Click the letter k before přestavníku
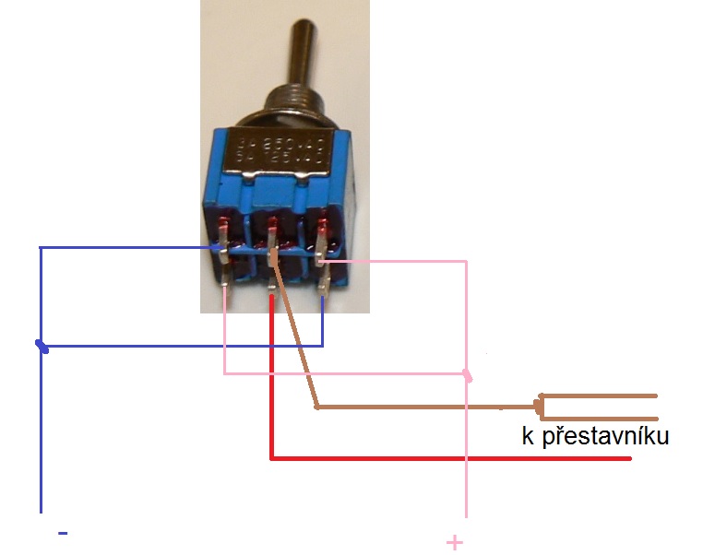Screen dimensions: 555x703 click(528, 436)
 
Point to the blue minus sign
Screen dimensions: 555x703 click(63, 532)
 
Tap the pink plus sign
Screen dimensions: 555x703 click(454, 542)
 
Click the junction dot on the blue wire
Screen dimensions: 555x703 click(41, 346)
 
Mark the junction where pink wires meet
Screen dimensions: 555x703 click(466, 374)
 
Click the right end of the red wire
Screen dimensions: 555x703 click(629, 457)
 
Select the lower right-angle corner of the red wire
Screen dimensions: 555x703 click(271, 456)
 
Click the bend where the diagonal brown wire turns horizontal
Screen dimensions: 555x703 click(316, 407)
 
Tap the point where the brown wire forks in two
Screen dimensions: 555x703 click(540, 405)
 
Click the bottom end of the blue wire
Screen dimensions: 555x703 click(41, 509)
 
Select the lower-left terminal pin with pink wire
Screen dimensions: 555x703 click(226, 280)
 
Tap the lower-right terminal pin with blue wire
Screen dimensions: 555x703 click(322, 282)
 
